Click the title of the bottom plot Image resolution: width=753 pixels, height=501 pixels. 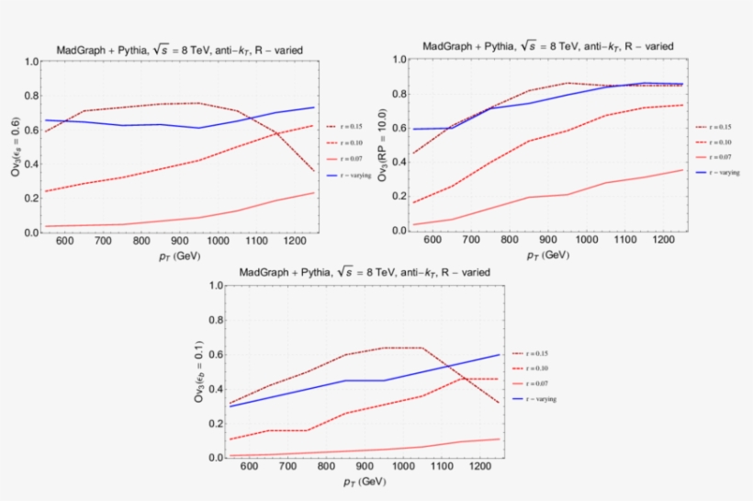click(365, 272)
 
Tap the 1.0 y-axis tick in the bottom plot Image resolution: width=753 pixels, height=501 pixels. click(217, 286)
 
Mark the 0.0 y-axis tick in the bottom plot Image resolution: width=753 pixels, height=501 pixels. click(217, 458)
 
